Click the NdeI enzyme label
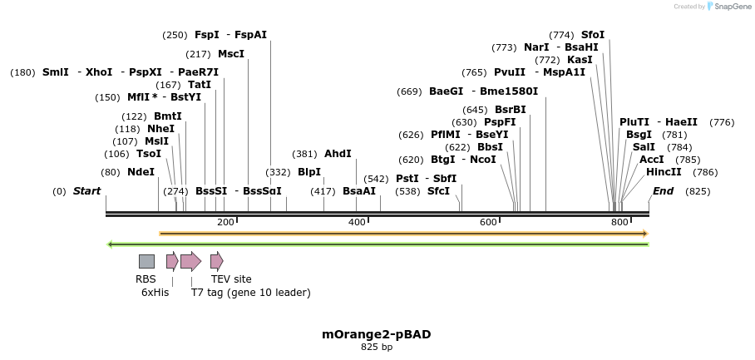(x=141, y=172)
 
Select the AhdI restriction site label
(x=338, y=154)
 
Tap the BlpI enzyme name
(x=309, y=172)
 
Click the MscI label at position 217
(x=231, y=54)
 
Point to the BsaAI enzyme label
(x=359, y=191)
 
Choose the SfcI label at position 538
(x=438, y=191)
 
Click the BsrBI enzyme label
(x=511, y=109)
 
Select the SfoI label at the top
(x=593, y=35)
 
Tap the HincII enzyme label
(x=664, y=172)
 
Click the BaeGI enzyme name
(x=446, y=91)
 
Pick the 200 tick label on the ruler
(x=225, y=223)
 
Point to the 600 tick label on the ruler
(x=488, y=223)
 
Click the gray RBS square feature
(x=146, y=261)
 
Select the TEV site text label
(x=231, y=279)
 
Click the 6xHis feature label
(x=155, y=293)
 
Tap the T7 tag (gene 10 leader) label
(x=250, y=293)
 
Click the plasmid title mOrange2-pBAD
(x=377, y=334)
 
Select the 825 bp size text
(x=377, y=348)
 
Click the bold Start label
(x=86, y=191)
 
